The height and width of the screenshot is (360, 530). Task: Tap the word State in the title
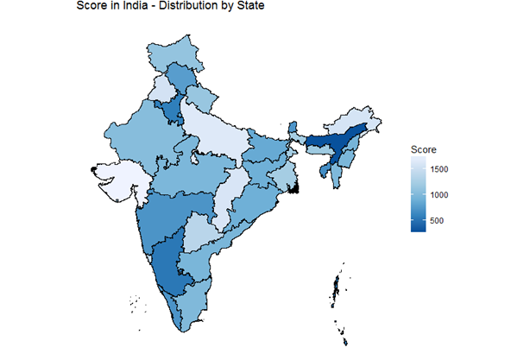[251, 6]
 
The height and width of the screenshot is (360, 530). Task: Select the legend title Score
[423, 149]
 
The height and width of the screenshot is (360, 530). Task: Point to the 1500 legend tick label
[439, 169]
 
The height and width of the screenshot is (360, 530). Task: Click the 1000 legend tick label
[439, 195]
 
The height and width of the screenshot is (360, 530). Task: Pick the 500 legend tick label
[437, 220]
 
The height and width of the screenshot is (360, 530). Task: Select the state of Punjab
[161, 88]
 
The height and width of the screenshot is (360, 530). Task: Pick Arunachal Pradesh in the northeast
[351, 120]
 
